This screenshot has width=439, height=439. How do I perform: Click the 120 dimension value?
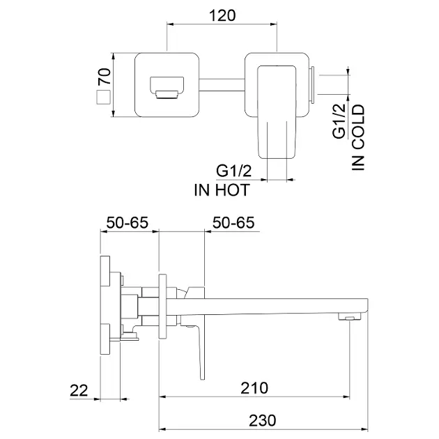222,15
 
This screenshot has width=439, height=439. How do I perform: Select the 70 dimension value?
105,76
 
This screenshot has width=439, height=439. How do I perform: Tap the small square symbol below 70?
103,98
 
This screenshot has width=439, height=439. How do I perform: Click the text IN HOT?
222,190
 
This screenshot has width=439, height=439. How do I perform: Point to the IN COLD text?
358,137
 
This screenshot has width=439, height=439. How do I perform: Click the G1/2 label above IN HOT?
233,171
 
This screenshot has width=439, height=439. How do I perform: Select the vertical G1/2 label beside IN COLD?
339,121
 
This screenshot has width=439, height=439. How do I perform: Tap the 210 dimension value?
254,387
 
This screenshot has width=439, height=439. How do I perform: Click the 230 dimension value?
263,420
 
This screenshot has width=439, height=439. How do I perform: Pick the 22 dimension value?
79,390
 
